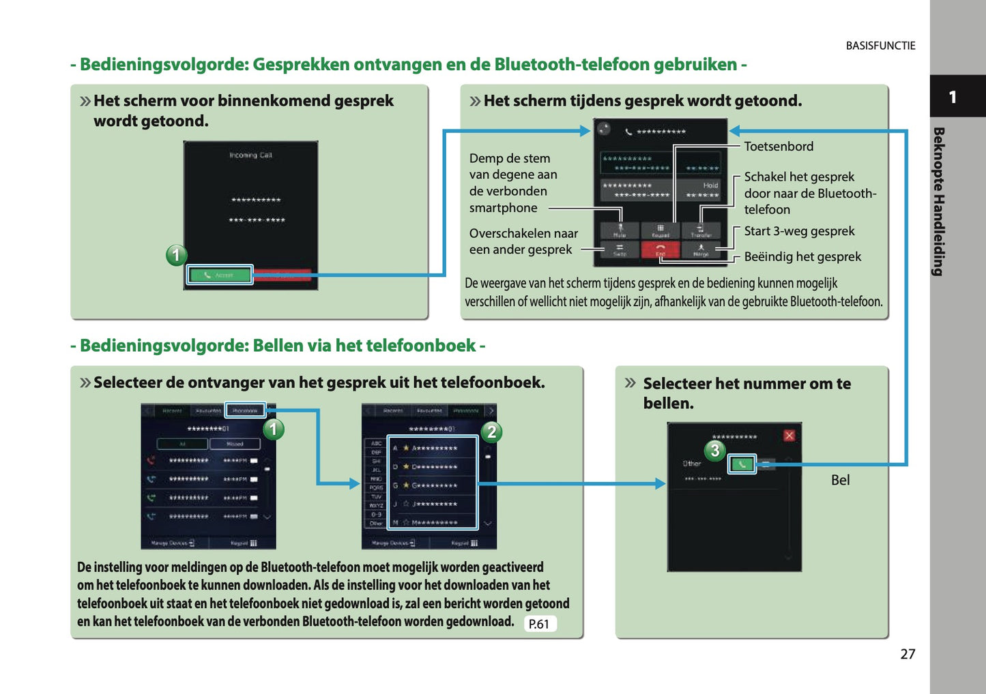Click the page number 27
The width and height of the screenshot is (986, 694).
coord(907,654)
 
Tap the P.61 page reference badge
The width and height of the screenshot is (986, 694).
coord(539,624)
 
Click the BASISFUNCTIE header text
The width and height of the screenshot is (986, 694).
coord(880,46)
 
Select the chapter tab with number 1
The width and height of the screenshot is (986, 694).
coord(953,97)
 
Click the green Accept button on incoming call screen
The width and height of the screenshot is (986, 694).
coord(220,275)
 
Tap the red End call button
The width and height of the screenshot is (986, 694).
coord(660,250)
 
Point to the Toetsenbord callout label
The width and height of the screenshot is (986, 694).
coord(779,147)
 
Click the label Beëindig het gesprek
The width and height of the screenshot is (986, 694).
coord(802,257)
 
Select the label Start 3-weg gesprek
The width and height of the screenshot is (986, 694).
coord(799,231)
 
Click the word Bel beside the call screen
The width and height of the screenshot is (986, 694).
coord(840,480)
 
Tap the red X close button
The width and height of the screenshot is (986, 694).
coord(789,436)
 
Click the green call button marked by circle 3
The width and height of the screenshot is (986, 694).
coord(742,464)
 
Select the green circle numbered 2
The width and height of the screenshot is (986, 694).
coord(491,432)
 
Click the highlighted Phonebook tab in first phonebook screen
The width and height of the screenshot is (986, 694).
coord(245,410)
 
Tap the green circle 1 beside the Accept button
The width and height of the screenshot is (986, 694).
coord(176,256)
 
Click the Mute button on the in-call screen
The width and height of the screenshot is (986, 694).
coord(620,231)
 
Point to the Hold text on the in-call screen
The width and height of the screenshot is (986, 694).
coord(710,185)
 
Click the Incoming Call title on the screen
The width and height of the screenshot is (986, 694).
coord(250,155)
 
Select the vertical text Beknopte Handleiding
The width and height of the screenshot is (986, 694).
coord(939,201)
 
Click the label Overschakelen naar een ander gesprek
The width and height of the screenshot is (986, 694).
coord(523,241)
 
